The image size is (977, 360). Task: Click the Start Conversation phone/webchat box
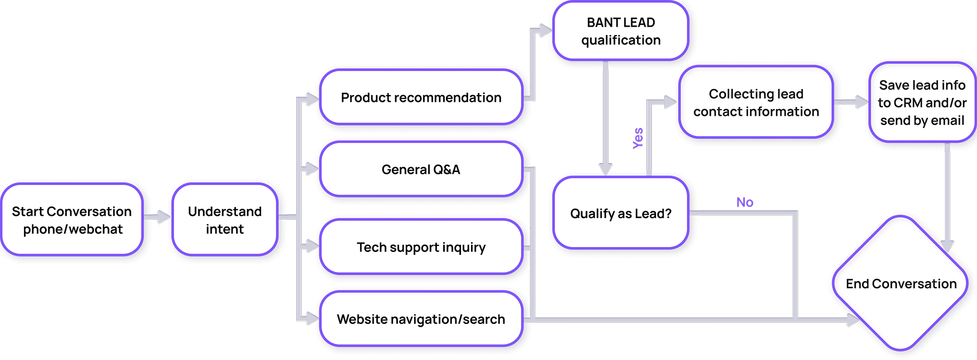click(x=72, y=220)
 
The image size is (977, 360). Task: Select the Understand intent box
click(x=225, y=220)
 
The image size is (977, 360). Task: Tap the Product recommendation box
click(x=421, y=97)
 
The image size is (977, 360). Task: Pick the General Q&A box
click(x=421, y=169)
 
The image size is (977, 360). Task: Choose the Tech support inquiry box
click(x=421, y=247)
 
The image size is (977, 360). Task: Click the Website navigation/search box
click(x=421, y=319)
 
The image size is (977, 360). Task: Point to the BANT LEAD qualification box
click(x=621, y=31)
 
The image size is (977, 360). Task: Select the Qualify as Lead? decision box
click(x=621, y=213)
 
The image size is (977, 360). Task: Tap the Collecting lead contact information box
click(x=756, y=102)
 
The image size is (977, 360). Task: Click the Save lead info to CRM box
click(x=922, y=102)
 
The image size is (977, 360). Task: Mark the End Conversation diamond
click(x=901, y=284)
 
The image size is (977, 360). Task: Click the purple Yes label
click(x=638, y=138)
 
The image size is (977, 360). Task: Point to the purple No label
click(x=745, y=202)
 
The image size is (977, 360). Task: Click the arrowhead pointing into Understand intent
click(x=164, y=217)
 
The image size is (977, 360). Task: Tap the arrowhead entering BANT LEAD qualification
click(x=545, y=31)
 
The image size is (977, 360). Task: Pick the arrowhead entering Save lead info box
click(x=862, y=102)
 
